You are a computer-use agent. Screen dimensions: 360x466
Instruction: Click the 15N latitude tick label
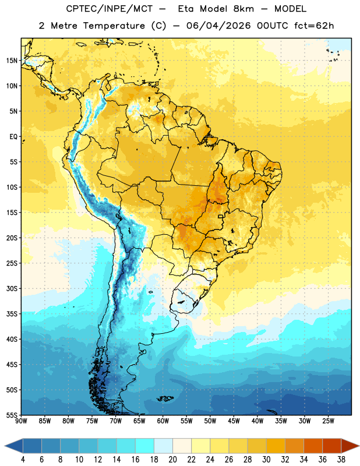point(12,61)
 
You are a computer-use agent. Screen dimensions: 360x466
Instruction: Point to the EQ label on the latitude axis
point(13,137)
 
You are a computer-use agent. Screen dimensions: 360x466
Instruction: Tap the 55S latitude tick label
point(12,415)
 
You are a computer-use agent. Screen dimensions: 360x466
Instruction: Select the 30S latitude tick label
point(12,288)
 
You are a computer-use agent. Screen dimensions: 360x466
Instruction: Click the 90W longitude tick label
point(21,421)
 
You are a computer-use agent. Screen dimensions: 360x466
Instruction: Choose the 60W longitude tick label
point(163,421)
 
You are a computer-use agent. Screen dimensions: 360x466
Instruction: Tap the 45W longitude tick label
point(234,421)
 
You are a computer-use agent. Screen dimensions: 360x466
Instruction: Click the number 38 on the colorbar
point(341,460)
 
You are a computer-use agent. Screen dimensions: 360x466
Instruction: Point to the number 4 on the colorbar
point(23,460)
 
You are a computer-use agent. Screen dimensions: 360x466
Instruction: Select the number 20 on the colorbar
point(172,460)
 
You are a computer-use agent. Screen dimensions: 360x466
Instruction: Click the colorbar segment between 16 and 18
point(145,446)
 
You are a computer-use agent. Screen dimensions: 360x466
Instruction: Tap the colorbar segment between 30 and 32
point(276,446)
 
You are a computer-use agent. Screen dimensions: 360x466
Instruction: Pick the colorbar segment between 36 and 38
point(332,446)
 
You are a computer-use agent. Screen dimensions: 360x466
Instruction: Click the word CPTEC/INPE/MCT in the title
point(110,9)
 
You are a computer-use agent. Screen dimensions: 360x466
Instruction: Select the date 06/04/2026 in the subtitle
point(219,26)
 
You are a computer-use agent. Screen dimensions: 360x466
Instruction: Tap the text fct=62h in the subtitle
point(314,26)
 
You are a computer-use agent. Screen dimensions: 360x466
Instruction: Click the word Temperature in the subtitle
point(114,26)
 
